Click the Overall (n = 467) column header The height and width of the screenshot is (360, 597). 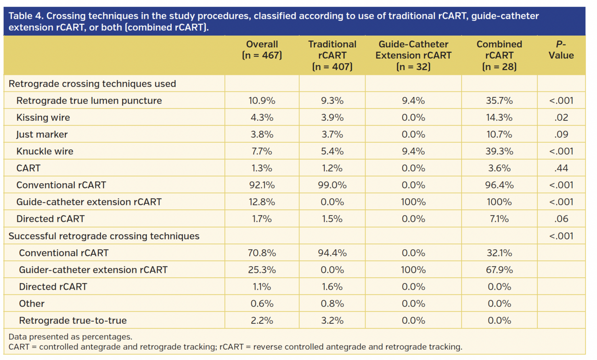tap(262, 50)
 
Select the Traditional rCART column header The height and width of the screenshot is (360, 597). tap(332, 55)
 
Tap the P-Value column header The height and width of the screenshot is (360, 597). tap(561, 50)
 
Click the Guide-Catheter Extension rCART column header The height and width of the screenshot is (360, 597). tap(413, 55)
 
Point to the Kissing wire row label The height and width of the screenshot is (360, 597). tap(43, 118)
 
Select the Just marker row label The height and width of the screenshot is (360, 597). tap(42, 135)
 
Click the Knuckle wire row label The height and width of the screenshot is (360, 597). tap(45, 152)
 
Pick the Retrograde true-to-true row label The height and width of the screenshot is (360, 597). tap(73, 321)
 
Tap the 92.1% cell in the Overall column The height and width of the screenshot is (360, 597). tap(262, 185)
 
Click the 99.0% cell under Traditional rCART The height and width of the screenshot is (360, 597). tap(332, 185)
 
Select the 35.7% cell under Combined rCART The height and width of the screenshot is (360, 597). tap(499, 101)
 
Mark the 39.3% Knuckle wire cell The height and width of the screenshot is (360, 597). tap(499, 152)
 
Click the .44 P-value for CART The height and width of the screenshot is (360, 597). tap(561, 168)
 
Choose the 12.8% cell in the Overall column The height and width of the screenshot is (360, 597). tap(262, 202)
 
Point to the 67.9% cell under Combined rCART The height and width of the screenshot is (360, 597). tap(499, 270)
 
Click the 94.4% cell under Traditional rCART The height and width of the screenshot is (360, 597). tap(332, 253)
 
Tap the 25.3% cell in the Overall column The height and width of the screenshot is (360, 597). tap(262, 270)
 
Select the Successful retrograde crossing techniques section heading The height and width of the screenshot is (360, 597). tap(104, 236)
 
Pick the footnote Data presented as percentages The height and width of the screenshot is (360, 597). tap(70, 337)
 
